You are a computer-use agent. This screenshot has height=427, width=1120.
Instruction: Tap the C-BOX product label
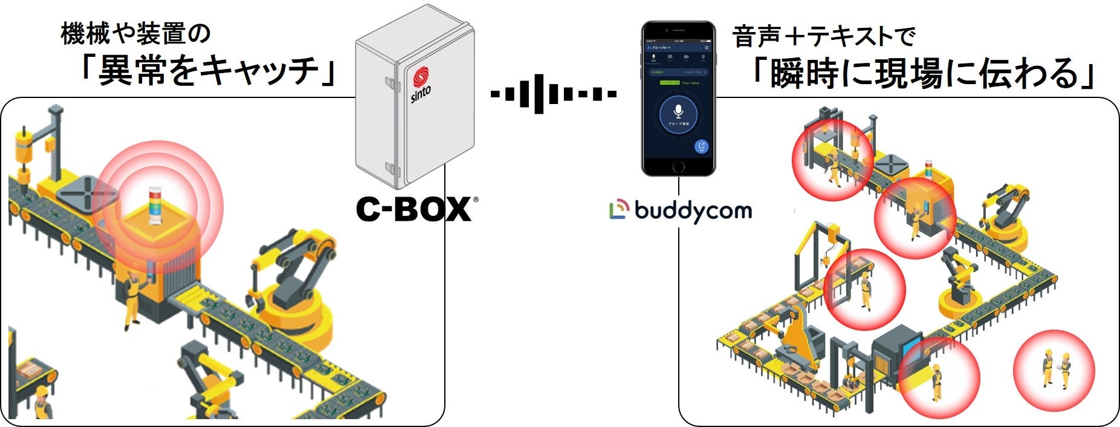(x=413, y=209)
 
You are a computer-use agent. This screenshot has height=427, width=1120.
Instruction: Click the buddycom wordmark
(x=693, y=210)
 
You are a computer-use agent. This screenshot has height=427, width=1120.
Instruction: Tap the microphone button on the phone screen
(x=678, y=113)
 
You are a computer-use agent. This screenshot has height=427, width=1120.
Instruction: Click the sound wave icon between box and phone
(x=553, y=94)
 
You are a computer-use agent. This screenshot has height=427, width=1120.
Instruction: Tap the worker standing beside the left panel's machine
(x=131, y=296)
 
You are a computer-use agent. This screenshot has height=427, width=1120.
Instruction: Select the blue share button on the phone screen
(x=701, y=146)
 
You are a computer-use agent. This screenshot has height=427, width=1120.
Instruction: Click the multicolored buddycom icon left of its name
(x=619, y=209)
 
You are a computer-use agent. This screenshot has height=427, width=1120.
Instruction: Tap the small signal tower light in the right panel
(x=929, y=171)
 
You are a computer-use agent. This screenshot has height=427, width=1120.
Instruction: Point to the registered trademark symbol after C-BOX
(x=475, y=199)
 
